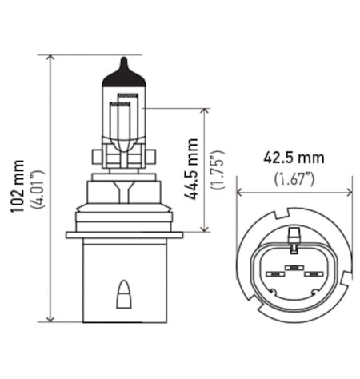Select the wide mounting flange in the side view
123,234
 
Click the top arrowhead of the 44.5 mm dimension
206,110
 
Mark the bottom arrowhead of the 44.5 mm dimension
206,227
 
